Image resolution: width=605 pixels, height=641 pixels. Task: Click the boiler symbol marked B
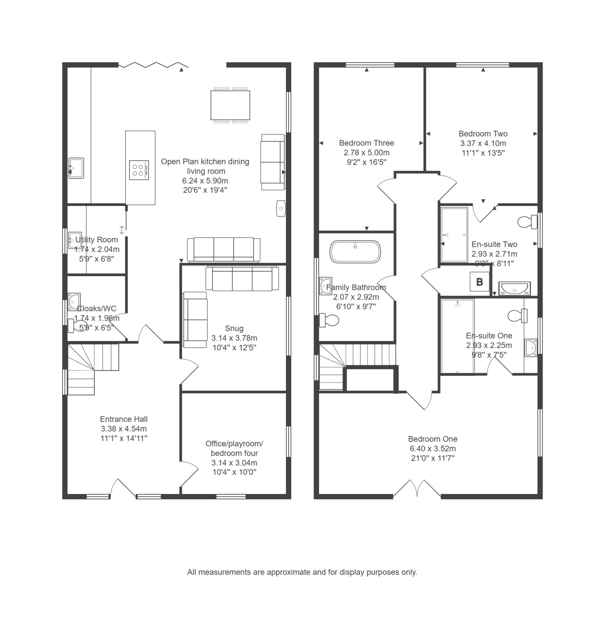480,282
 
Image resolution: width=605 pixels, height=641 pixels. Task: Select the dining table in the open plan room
230,105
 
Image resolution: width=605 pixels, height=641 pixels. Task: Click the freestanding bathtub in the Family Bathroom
355,251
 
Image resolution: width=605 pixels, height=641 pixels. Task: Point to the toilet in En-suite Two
527,222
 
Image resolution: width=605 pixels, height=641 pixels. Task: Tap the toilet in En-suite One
518,315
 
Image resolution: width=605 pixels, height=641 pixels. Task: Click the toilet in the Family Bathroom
329,320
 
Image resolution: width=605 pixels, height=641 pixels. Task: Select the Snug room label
234,329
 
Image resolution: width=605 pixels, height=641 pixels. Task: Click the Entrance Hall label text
124,419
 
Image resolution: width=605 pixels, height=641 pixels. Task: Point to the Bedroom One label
433,439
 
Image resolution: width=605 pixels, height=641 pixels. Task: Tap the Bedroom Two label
483,134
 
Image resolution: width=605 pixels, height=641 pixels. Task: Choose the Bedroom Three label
367,143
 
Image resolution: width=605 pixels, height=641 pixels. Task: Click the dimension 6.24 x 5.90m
205,181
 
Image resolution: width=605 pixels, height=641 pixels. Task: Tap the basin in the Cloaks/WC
74,301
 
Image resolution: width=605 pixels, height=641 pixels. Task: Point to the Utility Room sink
75,240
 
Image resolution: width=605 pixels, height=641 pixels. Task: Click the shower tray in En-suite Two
454,235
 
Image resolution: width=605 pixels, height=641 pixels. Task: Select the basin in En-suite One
531,348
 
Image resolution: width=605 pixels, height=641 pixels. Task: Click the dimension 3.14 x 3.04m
234,463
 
